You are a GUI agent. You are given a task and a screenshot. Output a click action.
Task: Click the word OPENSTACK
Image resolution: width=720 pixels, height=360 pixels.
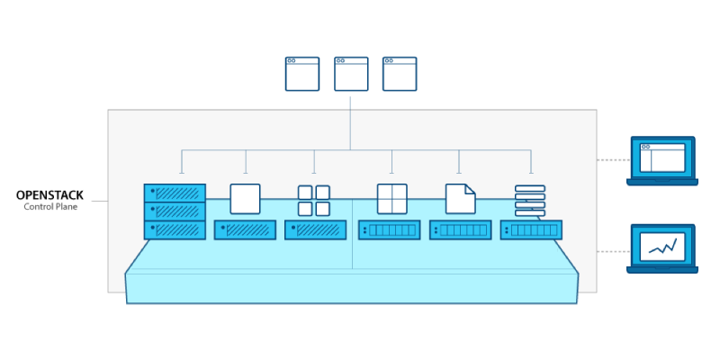49,194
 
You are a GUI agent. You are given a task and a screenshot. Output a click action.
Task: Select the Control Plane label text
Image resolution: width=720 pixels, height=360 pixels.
49,207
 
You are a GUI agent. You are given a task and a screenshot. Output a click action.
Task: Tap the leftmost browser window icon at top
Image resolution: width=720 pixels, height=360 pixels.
302,74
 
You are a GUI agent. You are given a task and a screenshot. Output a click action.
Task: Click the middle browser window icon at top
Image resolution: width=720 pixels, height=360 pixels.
351,74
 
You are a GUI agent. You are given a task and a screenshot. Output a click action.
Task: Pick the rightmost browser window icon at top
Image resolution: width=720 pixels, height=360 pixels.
400,74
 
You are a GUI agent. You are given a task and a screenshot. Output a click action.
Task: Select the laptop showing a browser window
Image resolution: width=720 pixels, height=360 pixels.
662,160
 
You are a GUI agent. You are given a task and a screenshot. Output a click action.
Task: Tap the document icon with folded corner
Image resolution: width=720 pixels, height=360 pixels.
460,199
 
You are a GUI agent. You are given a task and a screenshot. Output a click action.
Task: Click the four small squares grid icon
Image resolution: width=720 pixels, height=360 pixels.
313,200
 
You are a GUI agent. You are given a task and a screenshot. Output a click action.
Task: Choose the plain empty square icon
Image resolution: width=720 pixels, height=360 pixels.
245,199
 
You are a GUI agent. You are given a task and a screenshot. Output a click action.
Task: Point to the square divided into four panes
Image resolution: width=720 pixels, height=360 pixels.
391,199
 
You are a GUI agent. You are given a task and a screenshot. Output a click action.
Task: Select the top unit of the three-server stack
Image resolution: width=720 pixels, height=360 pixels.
175,193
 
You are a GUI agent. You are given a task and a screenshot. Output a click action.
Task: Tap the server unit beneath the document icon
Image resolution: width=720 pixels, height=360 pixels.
460,230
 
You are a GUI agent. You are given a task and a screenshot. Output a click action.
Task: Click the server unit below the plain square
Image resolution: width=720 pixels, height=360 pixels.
245,230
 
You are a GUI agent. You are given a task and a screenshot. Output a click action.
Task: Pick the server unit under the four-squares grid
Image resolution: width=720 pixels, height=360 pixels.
315,230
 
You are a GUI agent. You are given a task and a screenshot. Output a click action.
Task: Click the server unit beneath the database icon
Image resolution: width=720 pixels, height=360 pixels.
531,230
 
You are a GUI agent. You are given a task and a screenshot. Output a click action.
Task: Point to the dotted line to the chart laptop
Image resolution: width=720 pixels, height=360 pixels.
613,247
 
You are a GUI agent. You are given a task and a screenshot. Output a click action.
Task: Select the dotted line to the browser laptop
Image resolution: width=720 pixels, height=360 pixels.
613,161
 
